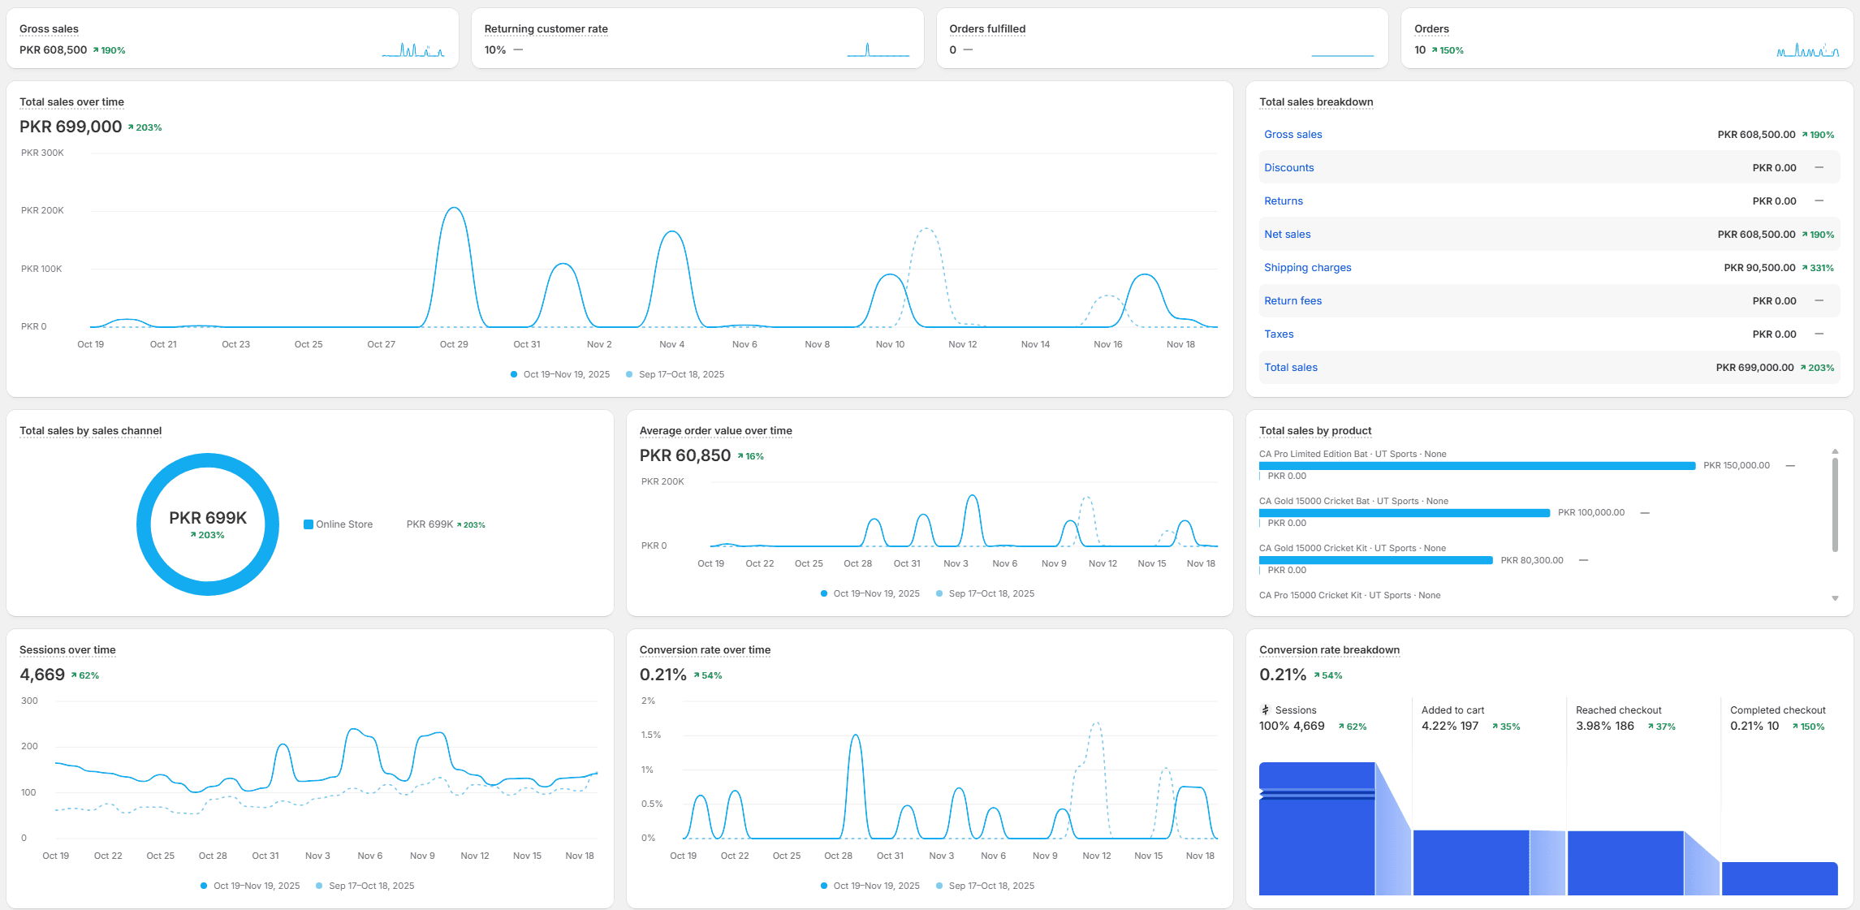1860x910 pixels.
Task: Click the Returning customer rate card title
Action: coord(546,29)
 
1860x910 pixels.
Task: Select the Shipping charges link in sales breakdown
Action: coord(1307,268)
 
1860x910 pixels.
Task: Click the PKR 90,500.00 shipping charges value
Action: coord(1759,268)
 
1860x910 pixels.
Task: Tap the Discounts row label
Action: coord(1288,168)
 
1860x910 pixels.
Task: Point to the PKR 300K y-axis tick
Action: coord(42,153)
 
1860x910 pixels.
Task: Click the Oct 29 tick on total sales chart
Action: coord(454,344)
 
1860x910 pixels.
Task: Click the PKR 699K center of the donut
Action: coord(208,518)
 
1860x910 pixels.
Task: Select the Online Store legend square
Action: coord(309,524)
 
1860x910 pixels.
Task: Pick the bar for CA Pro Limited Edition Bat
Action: coord(1476,466)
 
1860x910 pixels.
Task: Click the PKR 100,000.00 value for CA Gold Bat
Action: coord(1590,513)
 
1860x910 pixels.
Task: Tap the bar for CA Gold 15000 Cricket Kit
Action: coord(1375,560)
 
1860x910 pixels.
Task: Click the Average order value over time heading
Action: coord(715,431)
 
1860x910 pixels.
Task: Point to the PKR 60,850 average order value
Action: coord(685,456)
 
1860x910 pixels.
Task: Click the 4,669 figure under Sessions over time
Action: coord(42,675)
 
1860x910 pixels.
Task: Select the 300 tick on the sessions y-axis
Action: coord(29,701)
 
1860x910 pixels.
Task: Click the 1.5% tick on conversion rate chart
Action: coord(650,735)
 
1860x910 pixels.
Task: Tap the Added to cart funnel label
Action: coord(1452,710)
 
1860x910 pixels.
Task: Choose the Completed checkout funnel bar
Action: coord(1779,878)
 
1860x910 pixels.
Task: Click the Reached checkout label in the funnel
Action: coord(1618,710)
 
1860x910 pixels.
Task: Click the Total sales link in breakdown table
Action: coord(1290,368)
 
